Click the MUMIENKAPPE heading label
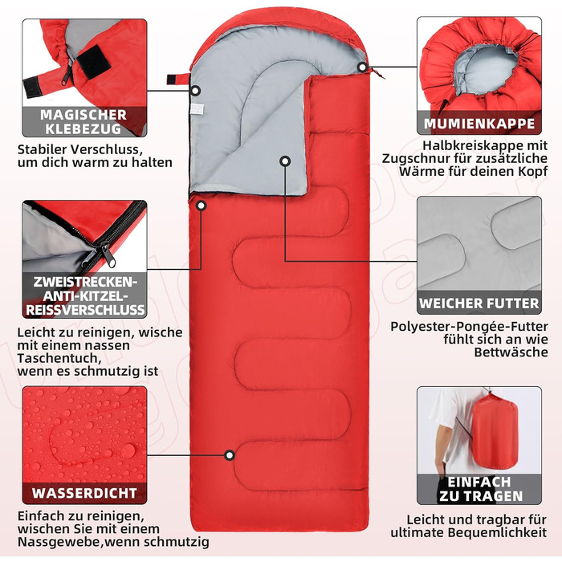(479, 124)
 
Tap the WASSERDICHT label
(84, 493)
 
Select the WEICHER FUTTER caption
(479, 303)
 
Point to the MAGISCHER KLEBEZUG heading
(83, 121)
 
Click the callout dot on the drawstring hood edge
(362, 67)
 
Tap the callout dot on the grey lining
(285, 161)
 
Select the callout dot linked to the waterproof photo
(230, 455)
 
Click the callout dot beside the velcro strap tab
(195, 91)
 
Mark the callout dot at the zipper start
(201, 206)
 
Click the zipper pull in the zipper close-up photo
(108, 255)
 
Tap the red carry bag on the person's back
(495, 435)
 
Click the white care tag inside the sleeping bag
(197, 109)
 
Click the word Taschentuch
(57, 359)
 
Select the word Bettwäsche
(511, 352)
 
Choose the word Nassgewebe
(59, 542)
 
